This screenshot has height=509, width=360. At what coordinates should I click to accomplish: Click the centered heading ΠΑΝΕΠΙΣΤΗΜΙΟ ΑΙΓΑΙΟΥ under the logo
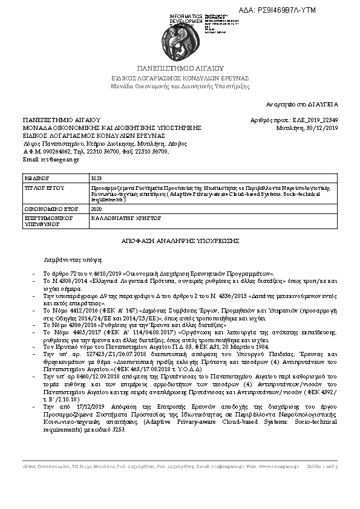pyautogui.click(x=180, y=68)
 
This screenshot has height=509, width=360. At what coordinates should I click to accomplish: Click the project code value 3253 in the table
pyautogui.click(x=96, y=179)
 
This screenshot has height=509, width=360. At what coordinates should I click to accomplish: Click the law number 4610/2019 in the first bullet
pyautogui.click(x=92, y=274)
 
